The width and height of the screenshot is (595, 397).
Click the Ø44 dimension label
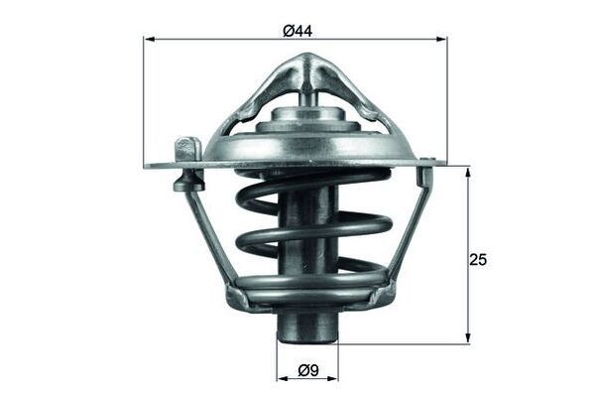(x=297, y=31)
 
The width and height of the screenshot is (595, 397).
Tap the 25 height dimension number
(x=478, y=259)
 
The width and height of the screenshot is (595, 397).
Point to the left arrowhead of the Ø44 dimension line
(x=150, y=40)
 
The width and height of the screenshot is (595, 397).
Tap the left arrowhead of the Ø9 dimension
(x=281, y=378)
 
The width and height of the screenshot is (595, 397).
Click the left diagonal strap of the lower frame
(x=210, y=238)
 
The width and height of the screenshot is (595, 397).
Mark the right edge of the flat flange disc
(x=442, y=162)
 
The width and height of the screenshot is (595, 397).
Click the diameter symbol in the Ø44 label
(x=289, y=31)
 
